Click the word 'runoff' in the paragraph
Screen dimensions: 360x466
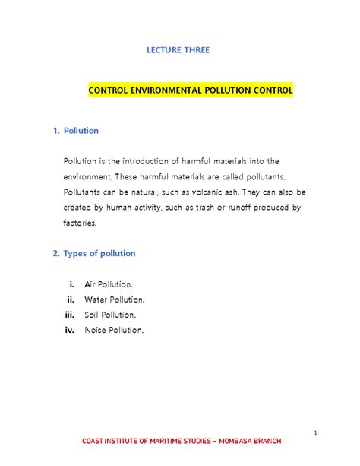pyautogui.click(x=241, y=208)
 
